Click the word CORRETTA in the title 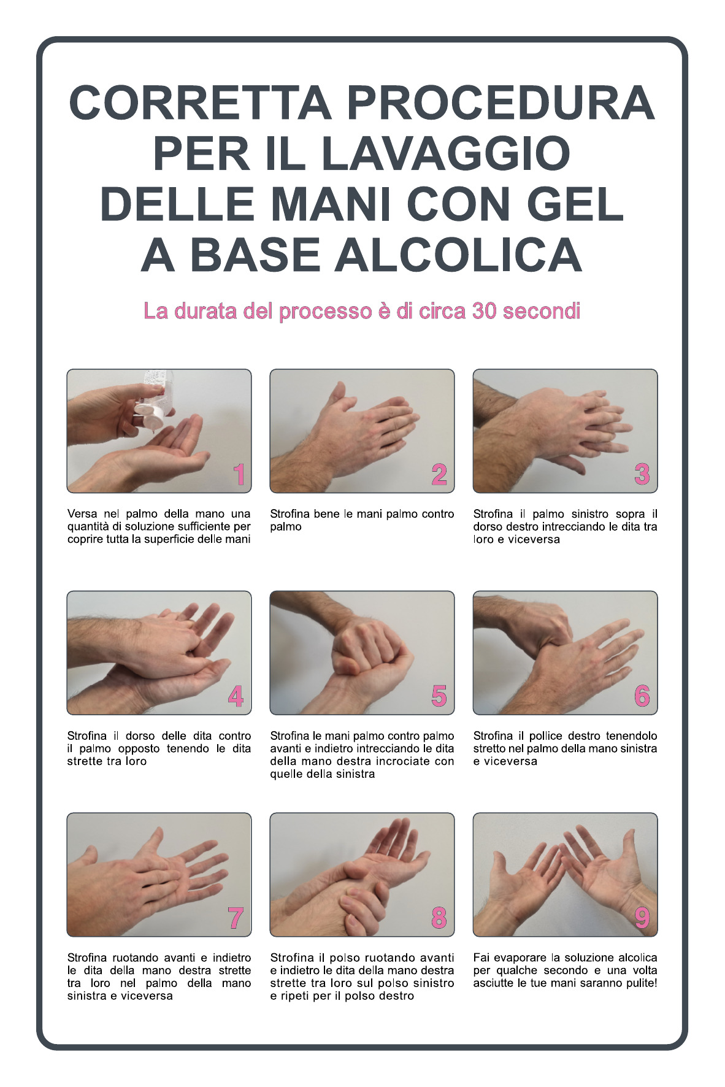200,103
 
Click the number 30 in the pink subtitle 485,311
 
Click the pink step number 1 239,474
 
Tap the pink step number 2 439,474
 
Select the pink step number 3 642,474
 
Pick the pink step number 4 236,696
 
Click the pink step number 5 439,696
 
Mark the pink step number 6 642,696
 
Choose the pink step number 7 236,918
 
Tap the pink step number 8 439,918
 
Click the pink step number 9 642,918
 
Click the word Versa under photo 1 82,514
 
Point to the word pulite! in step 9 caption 638,983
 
